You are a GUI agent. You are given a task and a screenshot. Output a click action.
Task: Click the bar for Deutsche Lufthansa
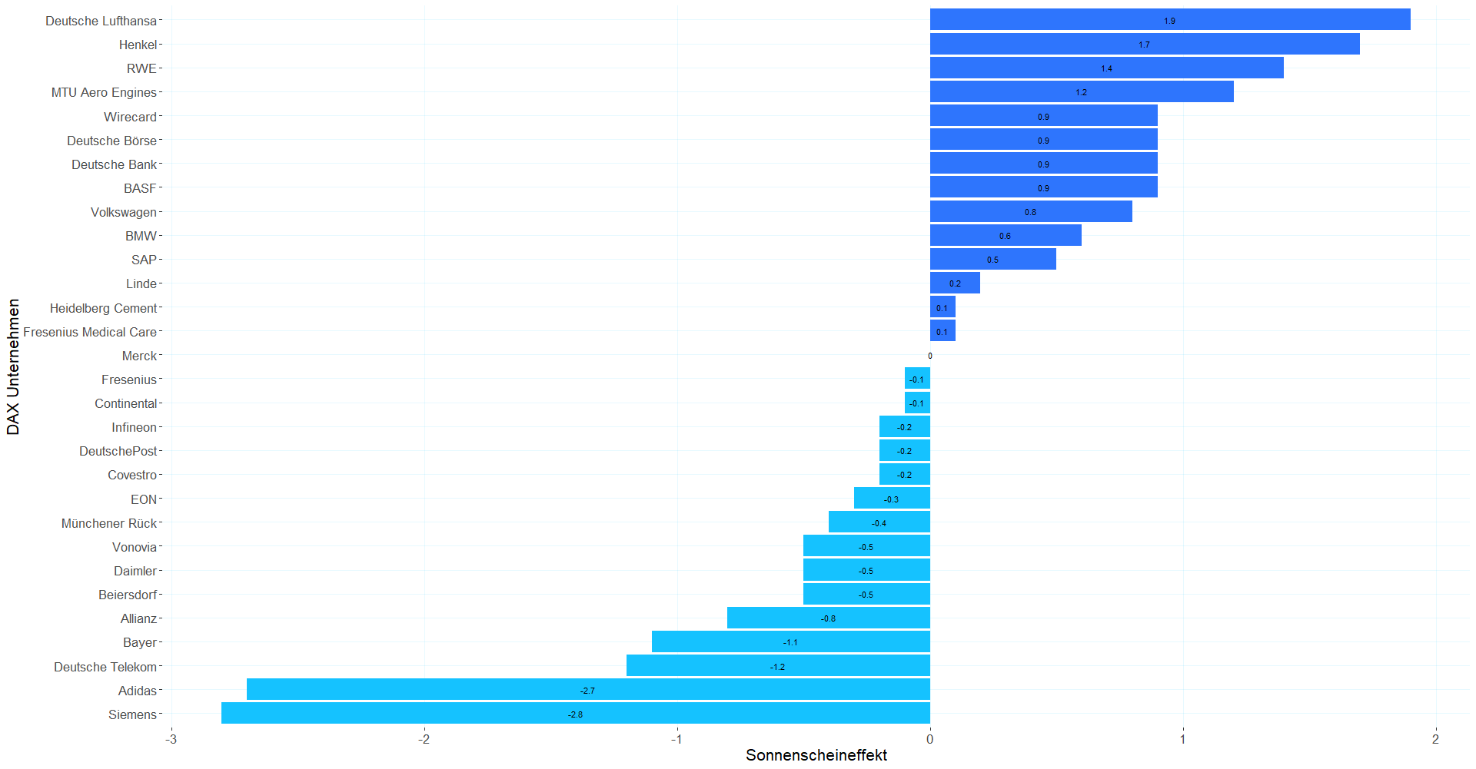[x=1170, y=20]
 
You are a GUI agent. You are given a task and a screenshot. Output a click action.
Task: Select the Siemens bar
[x=576, y=714]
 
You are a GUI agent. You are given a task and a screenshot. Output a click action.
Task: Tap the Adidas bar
[x=588, y=690]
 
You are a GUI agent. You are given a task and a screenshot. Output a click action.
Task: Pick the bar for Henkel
[x=1145, y=44]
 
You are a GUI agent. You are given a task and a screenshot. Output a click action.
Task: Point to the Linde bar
[x=955, y=283]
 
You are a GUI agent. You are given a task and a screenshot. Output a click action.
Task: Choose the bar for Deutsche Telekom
[x=778, y=666]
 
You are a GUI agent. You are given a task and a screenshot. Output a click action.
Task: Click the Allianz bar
[x=829, y=618]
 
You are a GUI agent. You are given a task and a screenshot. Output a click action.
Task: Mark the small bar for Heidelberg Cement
[x=942, y=307]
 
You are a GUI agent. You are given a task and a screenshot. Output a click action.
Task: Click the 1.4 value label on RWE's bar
[x=1106, y=68]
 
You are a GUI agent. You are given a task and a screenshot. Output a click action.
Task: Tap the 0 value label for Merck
[x=930, y=356]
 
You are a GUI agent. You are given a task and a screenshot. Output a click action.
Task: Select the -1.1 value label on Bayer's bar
[x=790, y=642]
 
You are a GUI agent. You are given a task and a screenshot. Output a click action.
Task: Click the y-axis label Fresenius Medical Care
[x=90, y=332]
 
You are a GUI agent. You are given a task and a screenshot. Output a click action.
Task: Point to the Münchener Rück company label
[x=109, y=523]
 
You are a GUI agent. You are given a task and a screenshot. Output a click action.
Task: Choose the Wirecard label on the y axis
[x=131, y=117]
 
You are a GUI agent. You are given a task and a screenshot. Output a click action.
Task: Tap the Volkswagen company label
[x=124, y=212]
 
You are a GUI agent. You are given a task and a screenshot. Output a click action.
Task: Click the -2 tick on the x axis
[x=424, y=739]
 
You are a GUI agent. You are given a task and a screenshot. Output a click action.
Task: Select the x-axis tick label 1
[x=1182, y=739]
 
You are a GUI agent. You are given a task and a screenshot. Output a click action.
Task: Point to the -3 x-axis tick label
[x=171, y=739]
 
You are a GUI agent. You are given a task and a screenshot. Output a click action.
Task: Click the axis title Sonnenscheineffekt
[x=816, y=755]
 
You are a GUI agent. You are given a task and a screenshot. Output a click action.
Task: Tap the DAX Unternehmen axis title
[x=13, y=367]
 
